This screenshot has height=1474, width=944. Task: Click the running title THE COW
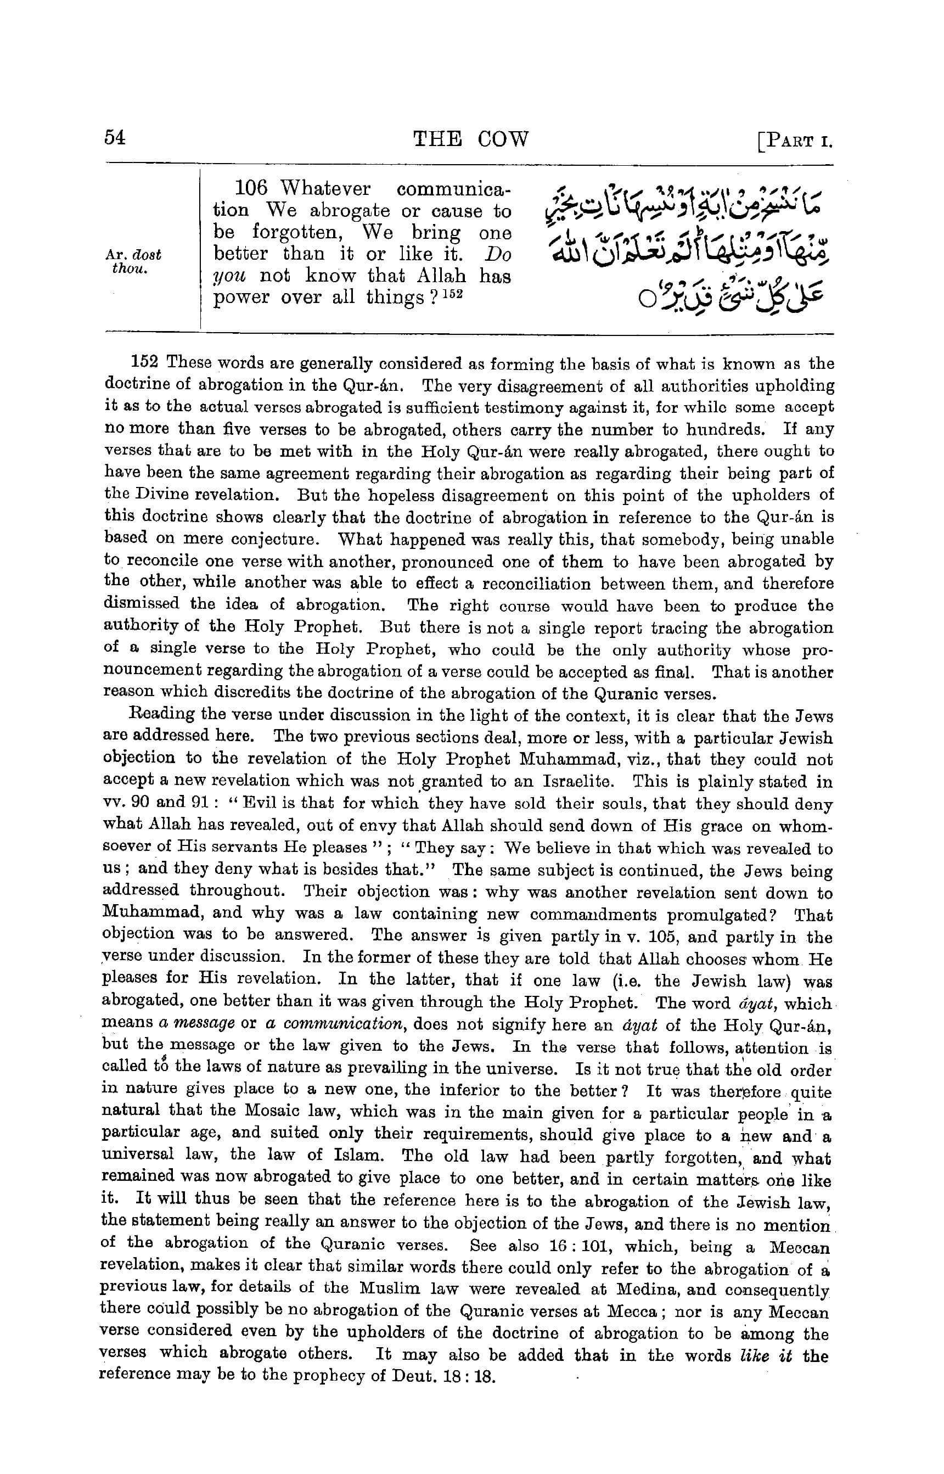470,140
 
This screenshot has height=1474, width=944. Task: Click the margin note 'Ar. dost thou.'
132,262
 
